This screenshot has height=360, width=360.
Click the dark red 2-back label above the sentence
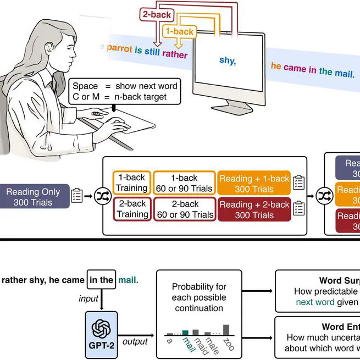(157, 15)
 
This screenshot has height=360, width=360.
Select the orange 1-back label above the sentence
(180, 32)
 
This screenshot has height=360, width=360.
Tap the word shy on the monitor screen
(228, 60)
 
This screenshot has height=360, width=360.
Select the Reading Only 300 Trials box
(33, 197)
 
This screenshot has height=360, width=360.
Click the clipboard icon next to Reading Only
(77, 195)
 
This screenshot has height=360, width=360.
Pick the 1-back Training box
(131, 183)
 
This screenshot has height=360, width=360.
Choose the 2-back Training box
(131, 209)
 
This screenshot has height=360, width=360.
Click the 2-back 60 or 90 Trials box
(184, 209)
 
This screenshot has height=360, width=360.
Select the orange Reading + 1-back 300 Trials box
(254, 183)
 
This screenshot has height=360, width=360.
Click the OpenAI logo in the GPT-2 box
(101, 328)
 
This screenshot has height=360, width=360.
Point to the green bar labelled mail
(185, 332)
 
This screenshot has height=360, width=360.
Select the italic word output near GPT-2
(135, 341)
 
